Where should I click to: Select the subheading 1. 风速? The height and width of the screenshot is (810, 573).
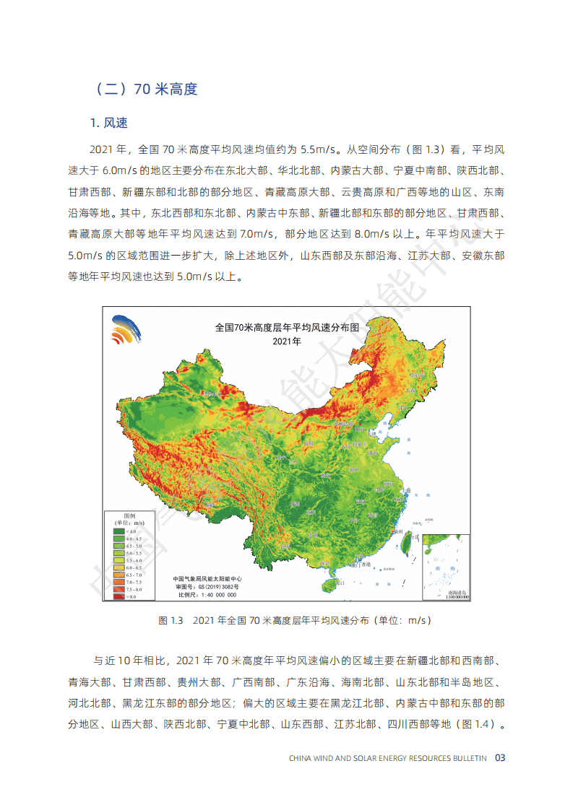coord(109,123)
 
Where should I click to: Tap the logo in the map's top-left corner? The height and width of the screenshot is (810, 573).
coord(126,330)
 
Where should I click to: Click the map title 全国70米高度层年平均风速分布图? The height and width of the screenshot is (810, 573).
coord(287,327)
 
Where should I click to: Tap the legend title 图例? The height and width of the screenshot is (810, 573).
coord(129,515)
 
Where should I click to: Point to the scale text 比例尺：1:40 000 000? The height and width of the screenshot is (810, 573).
coord(206,595)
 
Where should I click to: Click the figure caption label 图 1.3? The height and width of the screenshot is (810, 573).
coord(172,620)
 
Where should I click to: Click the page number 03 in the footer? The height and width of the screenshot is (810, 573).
coord(499,758)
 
